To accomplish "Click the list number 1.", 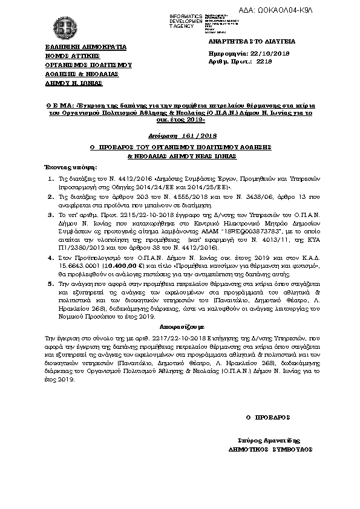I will click(51, 180).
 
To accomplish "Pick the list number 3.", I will click(51, 215).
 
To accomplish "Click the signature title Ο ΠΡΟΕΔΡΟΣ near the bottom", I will click(268, 417).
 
